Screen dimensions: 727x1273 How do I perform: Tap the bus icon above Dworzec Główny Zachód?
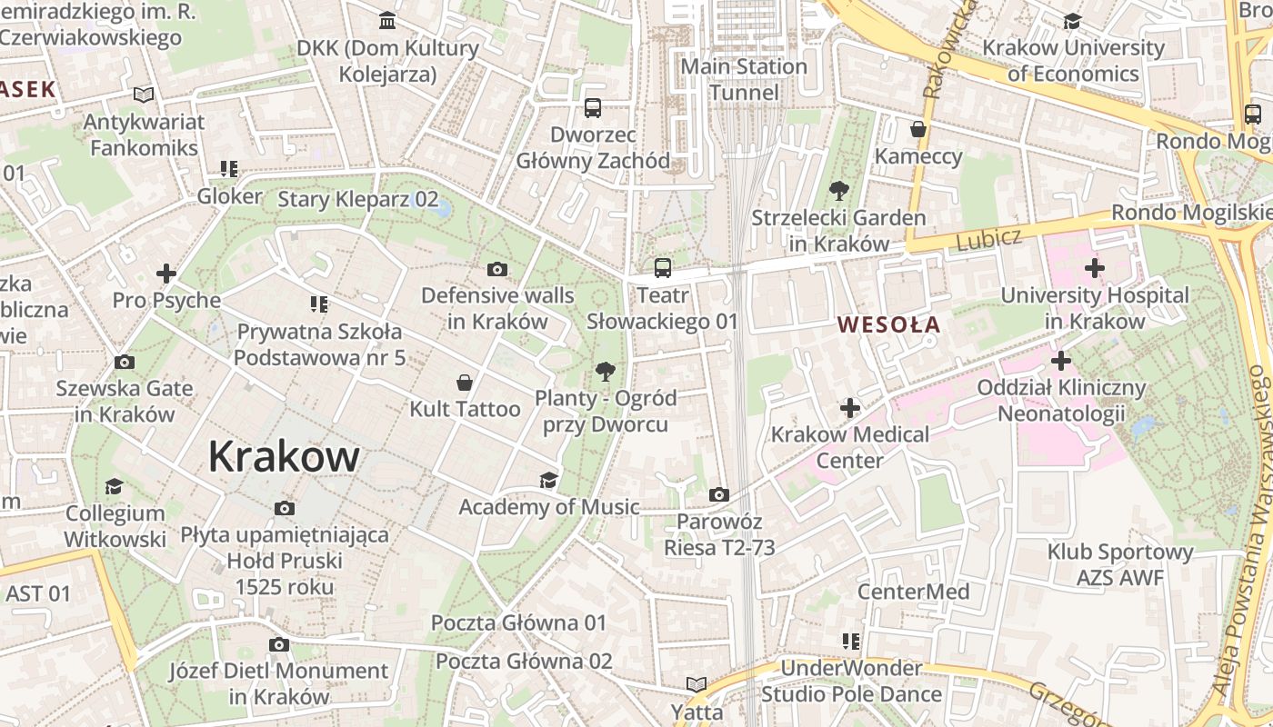tap(593, 108)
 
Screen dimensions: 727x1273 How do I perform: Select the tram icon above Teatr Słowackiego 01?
tap(663, 268)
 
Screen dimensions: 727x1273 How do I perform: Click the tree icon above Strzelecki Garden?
tap(838, 191)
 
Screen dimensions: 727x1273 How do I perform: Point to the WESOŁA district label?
tap(888, 324)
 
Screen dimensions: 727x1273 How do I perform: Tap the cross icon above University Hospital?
tap(1095, 268)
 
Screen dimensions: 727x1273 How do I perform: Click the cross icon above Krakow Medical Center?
tap(850, 408)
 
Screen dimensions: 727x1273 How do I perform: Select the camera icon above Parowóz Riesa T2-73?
tap(719, 495)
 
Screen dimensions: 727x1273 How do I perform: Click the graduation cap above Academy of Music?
tap(548, 480)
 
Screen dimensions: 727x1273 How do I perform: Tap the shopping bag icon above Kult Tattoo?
tap(465, 383)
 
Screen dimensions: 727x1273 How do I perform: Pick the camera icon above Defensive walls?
tap(496, 269)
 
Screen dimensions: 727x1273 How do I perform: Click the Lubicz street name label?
tap(989, 238)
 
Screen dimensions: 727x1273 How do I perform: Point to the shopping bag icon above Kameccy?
tap(918, 129)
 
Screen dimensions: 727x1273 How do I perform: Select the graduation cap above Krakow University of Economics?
tap(1073, 21)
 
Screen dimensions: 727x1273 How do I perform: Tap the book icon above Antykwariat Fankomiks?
tap(144, 95)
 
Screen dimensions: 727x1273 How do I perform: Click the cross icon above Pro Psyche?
tap(166, 273)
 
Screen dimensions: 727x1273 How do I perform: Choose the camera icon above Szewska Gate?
tap(125, 363)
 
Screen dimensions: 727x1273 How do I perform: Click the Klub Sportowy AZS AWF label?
tap(1119, 564)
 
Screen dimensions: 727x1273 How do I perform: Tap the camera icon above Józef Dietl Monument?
tap(279, 645)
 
